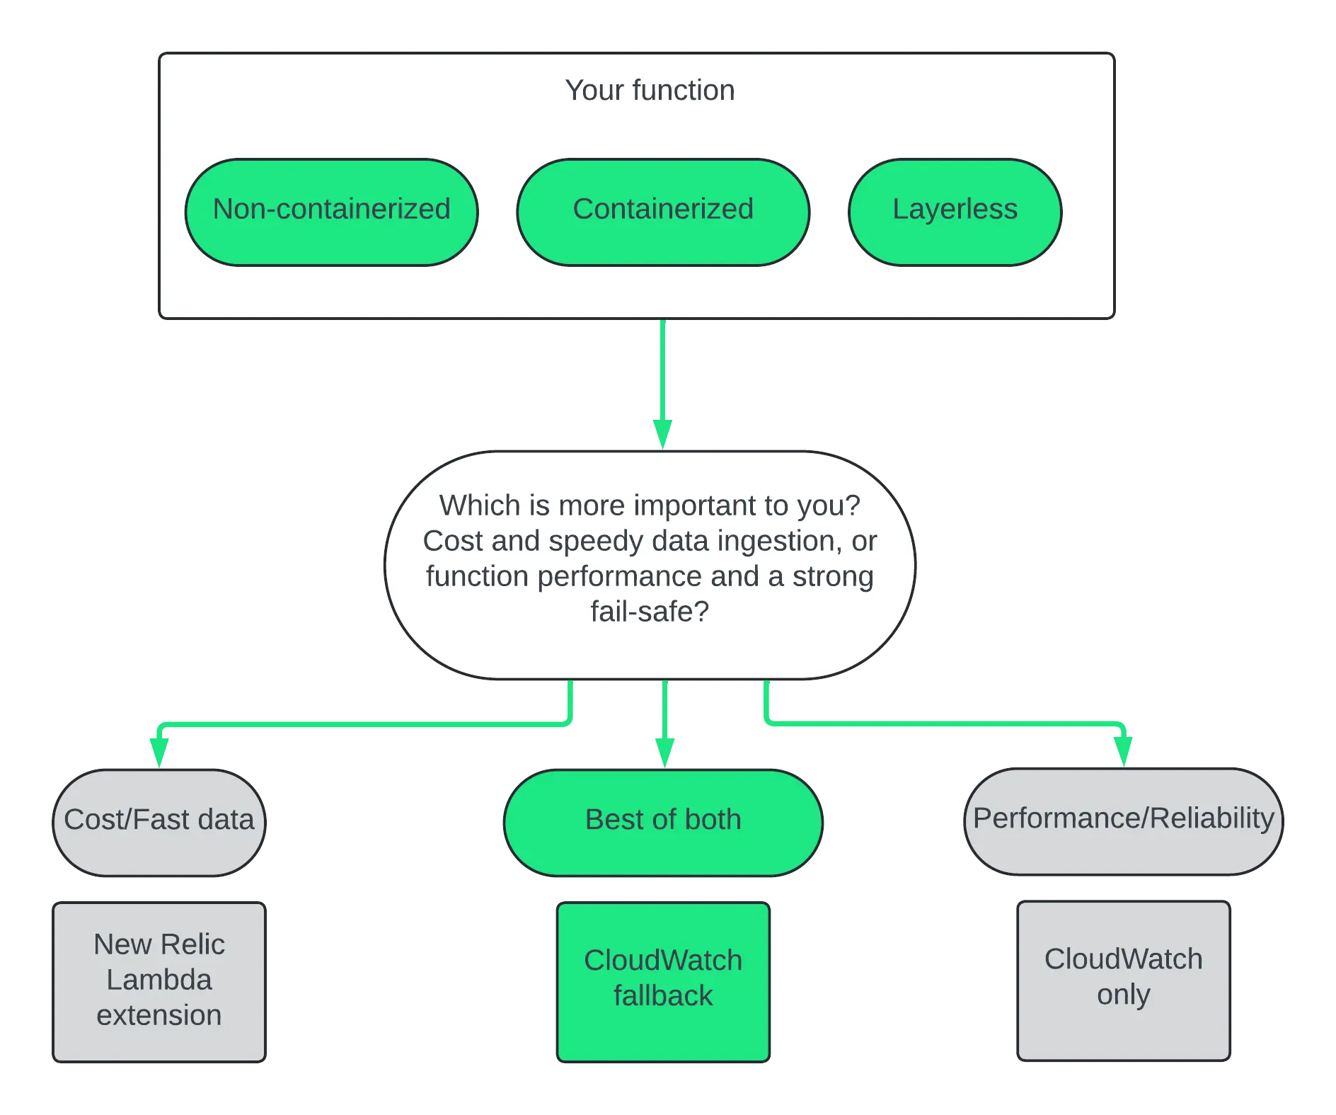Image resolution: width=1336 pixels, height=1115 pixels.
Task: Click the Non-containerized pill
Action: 331,212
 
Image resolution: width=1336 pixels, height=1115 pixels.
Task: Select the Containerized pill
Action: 663,212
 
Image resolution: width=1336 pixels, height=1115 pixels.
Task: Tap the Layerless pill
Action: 955,212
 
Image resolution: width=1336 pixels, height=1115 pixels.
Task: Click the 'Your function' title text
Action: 650,91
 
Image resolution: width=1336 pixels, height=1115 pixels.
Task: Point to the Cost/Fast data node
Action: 159,823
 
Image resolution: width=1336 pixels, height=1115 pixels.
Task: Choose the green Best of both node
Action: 663,823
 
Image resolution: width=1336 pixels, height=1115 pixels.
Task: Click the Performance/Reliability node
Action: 1124,821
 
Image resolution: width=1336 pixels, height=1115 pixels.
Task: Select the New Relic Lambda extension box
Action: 159,982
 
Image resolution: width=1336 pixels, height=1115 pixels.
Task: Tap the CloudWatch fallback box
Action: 663,982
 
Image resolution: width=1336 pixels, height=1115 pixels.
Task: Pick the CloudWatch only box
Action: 1124,980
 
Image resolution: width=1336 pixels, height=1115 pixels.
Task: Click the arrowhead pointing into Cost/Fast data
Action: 159,753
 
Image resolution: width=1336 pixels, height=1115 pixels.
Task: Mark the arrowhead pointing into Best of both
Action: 664,753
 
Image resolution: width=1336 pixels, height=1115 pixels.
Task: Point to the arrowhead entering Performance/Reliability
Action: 1123,751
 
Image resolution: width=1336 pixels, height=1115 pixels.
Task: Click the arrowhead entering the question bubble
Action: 662,434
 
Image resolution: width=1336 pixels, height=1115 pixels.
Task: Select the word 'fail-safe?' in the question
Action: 650,612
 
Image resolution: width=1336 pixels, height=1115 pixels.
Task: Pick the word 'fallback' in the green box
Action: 663,996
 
